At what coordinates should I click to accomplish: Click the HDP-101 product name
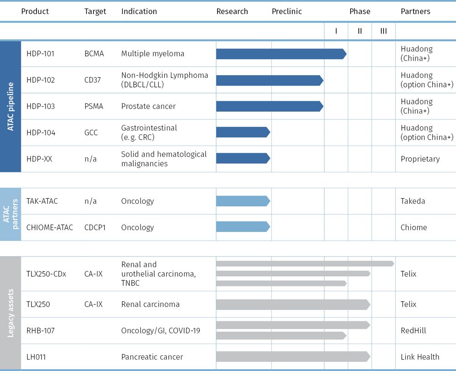click(41, 54)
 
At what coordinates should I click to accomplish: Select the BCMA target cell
click(94, 54)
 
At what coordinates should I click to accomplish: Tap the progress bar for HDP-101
click(281, 54)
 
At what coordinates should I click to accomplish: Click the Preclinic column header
click(287, 11)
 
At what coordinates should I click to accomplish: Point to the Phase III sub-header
click(383, 31)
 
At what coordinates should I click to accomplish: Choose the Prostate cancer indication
click(148, 106)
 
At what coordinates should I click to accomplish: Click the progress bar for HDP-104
click(243, 132)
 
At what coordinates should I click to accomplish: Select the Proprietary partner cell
click(420, 159)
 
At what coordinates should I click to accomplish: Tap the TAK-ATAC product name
click(42, 201)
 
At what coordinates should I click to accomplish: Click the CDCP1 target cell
click(95, 227)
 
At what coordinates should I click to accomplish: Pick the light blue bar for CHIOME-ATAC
click(243, 227)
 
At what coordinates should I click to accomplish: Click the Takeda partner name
click(413, 201)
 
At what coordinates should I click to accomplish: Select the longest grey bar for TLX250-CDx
click(305, 263)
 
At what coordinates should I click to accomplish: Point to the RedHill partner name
click(413, 330)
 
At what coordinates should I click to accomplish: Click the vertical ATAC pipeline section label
click(10, 106)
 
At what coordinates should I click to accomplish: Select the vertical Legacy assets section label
click(10, 313)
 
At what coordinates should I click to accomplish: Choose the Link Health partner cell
click(420, 357)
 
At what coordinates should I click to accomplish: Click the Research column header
click(232, 11)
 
